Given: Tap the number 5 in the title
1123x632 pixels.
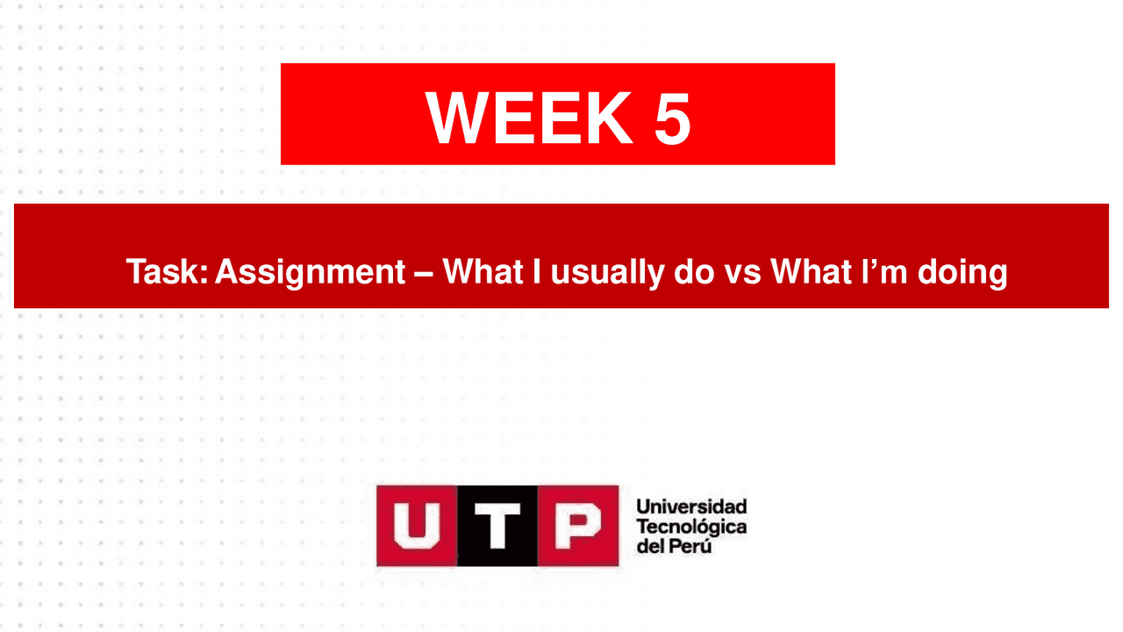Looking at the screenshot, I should (x=672, y=118).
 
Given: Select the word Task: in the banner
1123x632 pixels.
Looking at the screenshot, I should (x=167, y=272).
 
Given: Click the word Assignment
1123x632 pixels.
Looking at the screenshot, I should (x=310, y=273).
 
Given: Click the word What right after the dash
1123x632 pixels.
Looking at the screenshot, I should (x=486, y=272).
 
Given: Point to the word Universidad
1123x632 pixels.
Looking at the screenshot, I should (x=691, y=506).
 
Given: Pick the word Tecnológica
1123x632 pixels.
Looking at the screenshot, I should (x=691, y=526).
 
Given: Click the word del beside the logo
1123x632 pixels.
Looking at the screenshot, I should (x=651, y=545).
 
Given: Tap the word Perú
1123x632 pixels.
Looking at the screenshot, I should (x=692, y=545).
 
